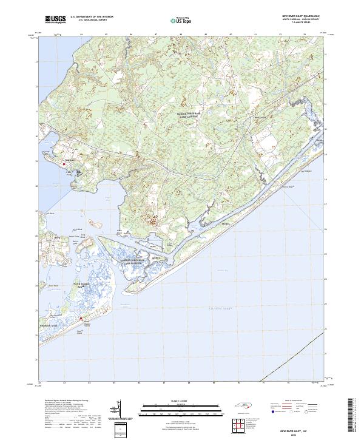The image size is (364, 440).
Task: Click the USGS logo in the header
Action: (55, 19)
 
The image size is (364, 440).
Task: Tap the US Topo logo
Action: (182, 20)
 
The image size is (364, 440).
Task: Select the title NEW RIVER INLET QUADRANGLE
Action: (301, 15)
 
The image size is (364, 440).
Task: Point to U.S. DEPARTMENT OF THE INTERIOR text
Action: (92, 17)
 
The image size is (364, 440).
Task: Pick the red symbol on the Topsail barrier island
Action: (81, 318)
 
